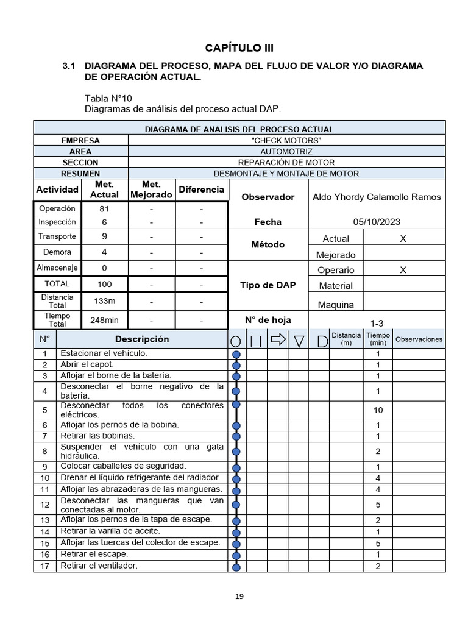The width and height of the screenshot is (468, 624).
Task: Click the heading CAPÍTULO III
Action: click(235, 48)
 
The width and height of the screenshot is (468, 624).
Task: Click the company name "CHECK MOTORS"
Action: click(286, 140)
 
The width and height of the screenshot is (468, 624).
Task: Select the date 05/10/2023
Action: click(377, 222)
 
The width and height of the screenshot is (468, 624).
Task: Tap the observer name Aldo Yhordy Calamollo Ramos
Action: click(377, 197)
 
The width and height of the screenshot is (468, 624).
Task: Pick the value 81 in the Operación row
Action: click(104, 208)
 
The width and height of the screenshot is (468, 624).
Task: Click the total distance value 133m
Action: click(104, 301)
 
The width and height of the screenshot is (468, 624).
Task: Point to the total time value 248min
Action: click(104, 320)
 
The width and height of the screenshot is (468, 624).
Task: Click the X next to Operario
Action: click(403, 270)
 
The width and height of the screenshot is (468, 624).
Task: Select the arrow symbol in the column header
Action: click(278, 339)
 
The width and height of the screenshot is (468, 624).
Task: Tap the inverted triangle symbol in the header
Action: click(299, 341)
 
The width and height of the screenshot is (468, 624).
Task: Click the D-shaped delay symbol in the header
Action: click(322, 341)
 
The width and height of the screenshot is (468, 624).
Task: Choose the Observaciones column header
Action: click(419, 339)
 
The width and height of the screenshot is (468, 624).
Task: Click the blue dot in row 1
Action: click(236, 354)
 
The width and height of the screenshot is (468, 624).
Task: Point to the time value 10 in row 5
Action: click(378, 410)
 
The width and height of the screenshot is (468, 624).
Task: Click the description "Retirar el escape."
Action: click(94, 554)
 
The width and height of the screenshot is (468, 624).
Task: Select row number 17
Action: click(44, 566)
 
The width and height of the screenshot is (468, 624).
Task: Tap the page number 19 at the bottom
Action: click(239, 597)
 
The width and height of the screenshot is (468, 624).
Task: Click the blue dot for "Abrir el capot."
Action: click(236, 365)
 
